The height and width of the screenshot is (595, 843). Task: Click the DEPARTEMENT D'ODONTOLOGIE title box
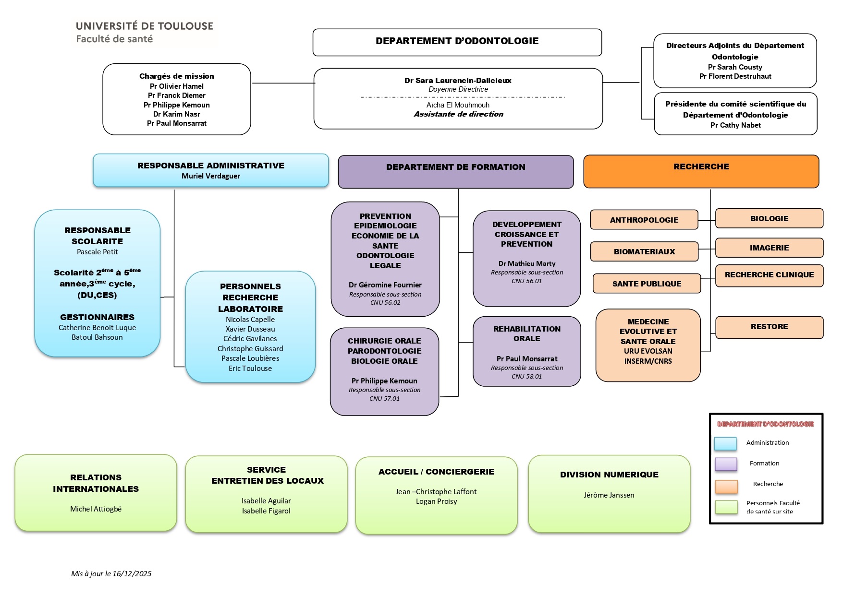(x=457, y=42)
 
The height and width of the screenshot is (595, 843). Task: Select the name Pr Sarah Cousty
(x=735, y=67)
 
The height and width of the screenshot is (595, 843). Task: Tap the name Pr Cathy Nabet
(x=735, y=125)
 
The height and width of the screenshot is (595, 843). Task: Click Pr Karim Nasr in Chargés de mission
(x=176, y=114)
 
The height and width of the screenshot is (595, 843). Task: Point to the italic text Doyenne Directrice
(x=458, y=89)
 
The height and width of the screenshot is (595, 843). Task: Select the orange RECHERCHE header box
(x=701, y=171)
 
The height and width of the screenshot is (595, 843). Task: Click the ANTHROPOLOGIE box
(x=644, y=220)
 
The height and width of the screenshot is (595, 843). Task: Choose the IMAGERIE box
(x=769, y=248)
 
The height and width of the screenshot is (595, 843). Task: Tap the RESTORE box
(x=769, y=327)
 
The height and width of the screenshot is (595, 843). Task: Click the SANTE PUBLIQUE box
(x=647, y=284)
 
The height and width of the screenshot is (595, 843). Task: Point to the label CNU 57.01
(x=384, y=399)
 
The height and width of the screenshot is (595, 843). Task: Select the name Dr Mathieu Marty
(x=526, y=263)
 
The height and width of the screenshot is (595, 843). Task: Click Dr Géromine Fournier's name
(x=385, y=285)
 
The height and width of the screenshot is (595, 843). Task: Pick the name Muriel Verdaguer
(x=210, y=176)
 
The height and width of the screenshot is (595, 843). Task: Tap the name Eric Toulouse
(x=250, y=369)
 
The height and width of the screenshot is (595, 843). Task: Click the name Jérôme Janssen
(x=609, y=495)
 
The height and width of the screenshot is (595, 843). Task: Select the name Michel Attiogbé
(x=96, y=509)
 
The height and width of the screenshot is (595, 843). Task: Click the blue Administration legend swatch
(x=725, y=443)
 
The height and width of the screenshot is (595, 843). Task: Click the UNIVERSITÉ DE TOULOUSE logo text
(x=144, y=26)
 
